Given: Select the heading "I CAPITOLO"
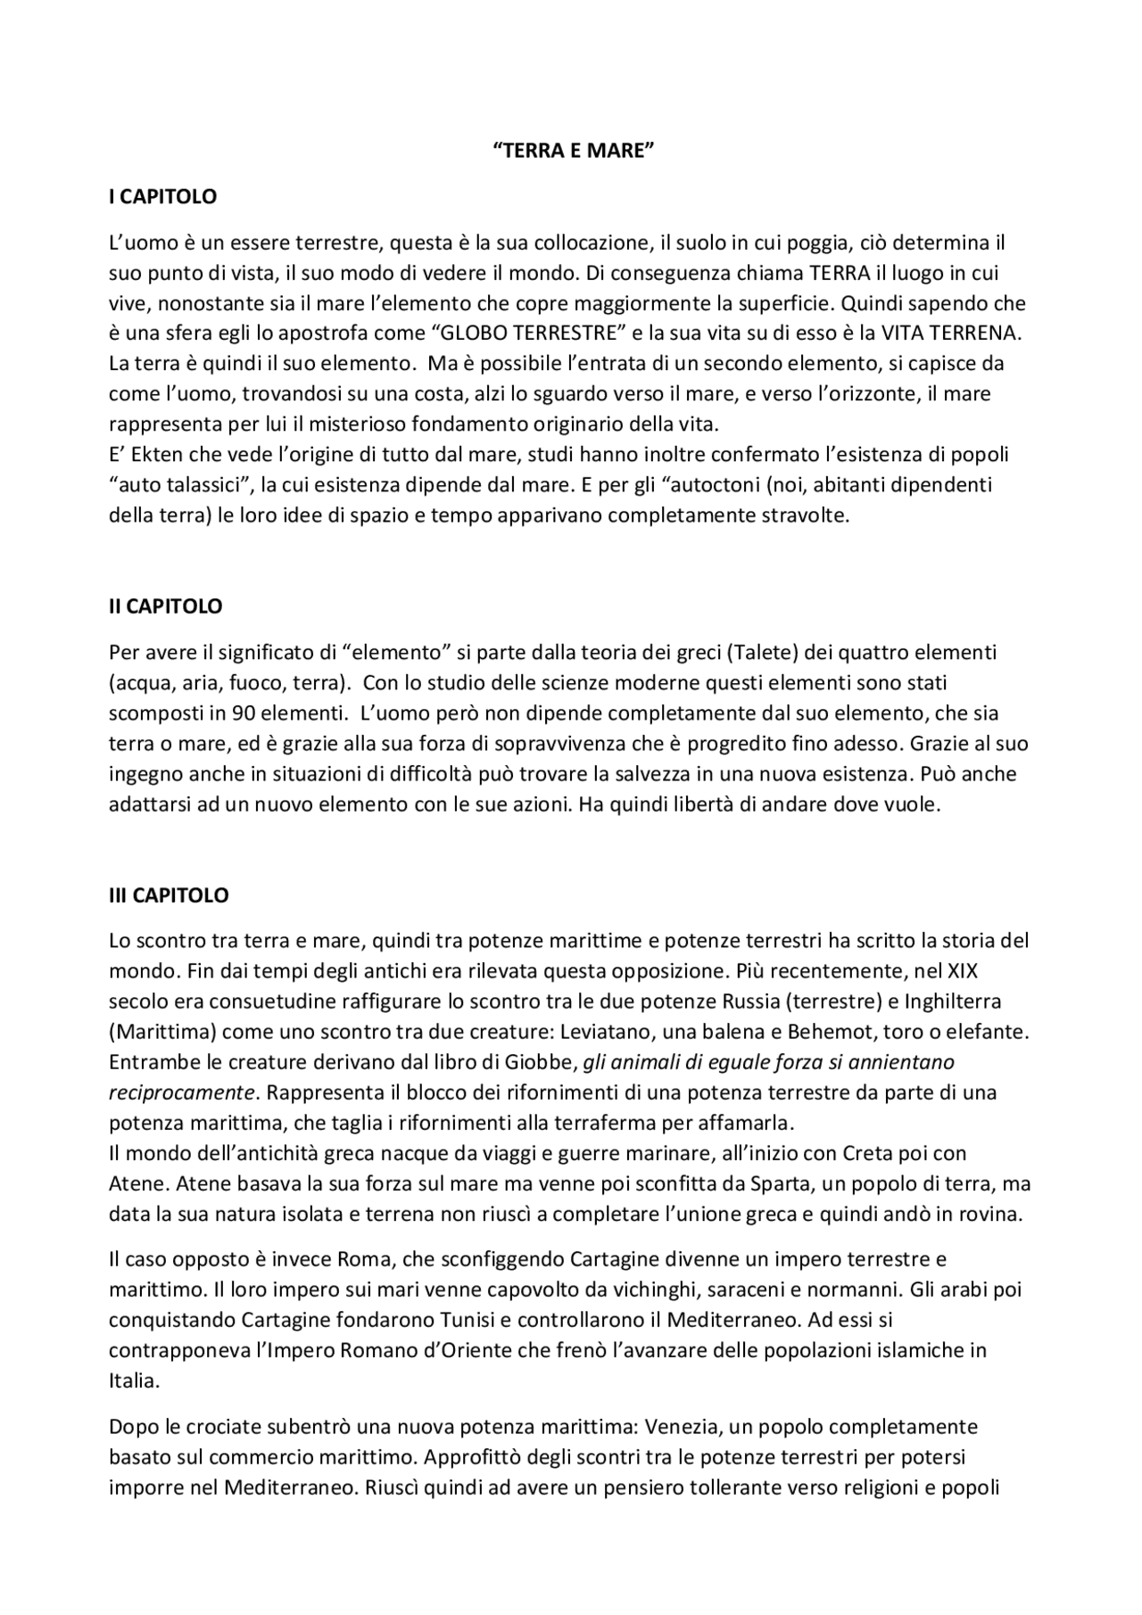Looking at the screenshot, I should pyautogui.click(x=162, y=197).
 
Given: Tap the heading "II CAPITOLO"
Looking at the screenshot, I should pyautogui.click(x=165, y=606).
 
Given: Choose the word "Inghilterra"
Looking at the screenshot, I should pyautogui.click(x=981, y=1001).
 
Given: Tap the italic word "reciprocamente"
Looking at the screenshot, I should pyautogui.click(x=181, y=1092).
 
